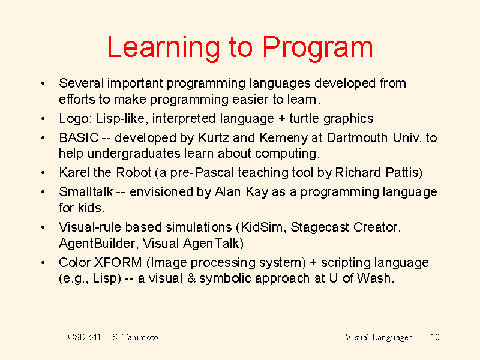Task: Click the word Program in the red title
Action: (x=318, y=48)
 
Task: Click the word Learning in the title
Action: (x=163, y=48)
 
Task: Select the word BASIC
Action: (x=79, y=138)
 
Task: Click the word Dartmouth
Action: (x=357, y=138)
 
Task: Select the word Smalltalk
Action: (x=86, y=192)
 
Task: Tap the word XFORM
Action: (x=118, y=263)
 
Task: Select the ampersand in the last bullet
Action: (x=191, y=278)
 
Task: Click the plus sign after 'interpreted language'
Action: (x=282, y=119)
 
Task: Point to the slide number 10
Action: (x=435, y=337)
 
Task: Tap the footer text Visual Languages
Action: (x=379, y=337)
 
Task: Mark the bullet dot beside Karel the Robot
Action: (x=43, y=173)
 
